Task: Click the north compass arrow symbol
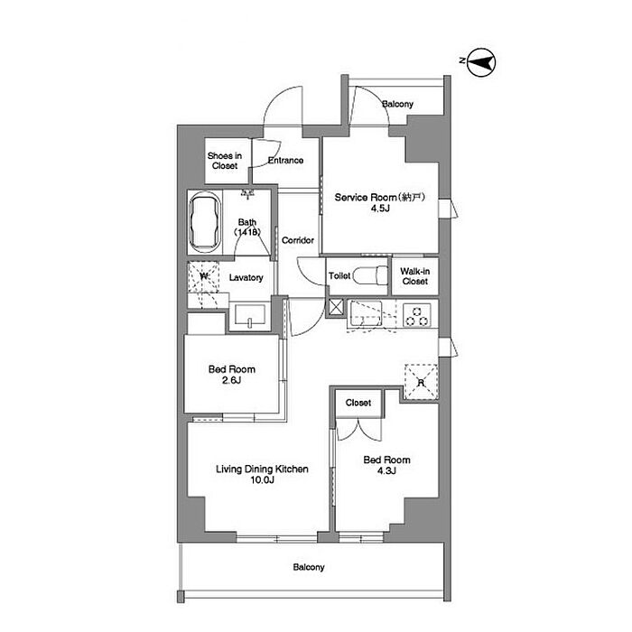(x=481, y=62)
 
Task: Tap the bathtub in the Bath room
(x=205, y=222)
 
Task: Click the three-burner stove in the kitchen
(x=417, y=315)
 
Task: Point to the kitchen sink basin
(x=366, y=314)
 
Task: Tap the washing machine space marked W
(x=203, y=277)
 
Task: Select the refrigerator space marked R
(x=421, y=382)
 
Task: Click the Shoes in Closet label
(x=225, y=161)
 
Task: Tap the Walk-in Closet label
(x=414, y=276)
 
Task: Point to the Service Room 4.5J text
(x=380, y=202)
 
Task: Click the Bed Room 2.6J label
(x=232, y=375)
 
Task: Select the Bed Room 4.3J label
(x=387, y=465)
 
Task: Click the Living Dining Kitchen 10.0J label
(x=262, y=474)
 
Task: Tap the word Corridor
(x=298, y=241)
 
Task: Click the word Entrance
(x=286, y=161)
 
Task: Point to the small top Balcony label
(x=398, y=104)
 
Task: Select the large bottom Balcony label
(x=309, y=567)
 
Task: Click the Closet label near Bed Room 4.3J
(x=358, y=403)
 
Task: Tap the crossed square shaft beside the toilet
(x=336, y=307)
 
